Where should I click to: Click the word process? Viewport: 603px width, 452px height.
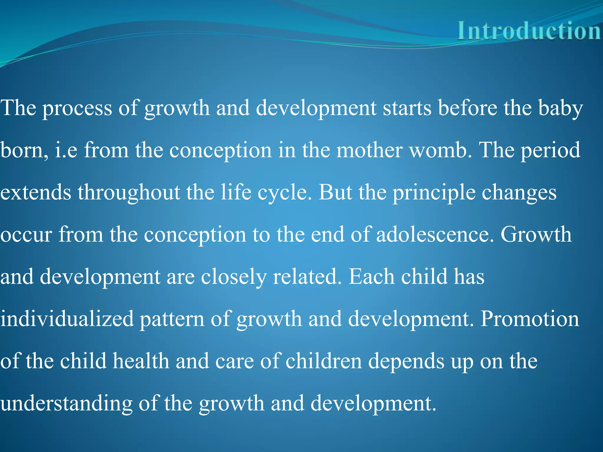pyautogui.click(x=77, y=108)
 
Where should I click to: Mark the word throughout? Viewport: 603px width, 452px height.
pyautogui.click(x=129, y=193)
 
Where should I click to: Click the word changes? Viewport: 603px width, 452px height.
pyautogui.click(x=519, y=193)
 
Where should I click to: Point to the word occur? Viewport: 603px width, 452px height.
pyautogui.click(x=26, y=235)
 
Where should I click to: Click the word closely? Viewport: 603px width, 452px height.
pyautogui.click(x=233, y=277)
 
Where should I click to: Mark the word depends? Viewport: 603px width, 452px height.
pyautogui.click(x=406, y=361)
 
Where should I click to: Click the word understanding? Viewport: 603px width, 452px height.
pyautogui.click(x=66, y=403)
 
